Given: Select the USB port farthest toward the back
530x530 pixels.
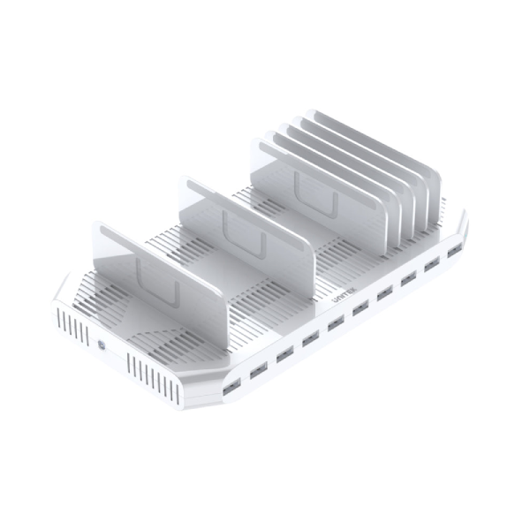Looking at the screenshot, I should pyautogui.click(x=454, y=254).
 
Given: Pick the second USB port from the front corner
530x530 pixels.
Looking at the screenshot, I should pyautogui.click(x=257, y=370).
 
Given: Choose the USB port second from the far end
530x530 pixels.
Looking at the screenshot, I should pyautogui.click(x=432, y=266).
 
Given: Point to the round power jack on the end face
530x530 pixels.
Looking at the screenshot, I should pyautogui.click(x=105, y=345).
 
